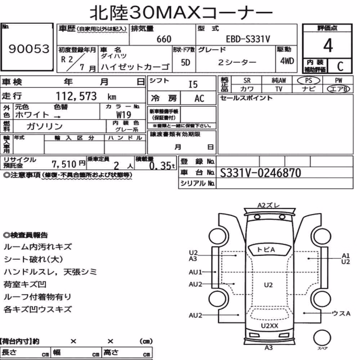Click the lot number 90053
29,49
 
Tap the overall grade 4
328,45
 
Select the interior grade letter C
340,66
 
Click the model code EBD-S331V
248,39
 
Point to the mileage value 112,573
76,96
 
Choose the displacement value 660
164,39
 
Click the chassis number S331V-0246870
260,173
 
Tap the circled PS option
309,81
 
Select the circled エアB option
338,89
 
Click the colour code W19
124,114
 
